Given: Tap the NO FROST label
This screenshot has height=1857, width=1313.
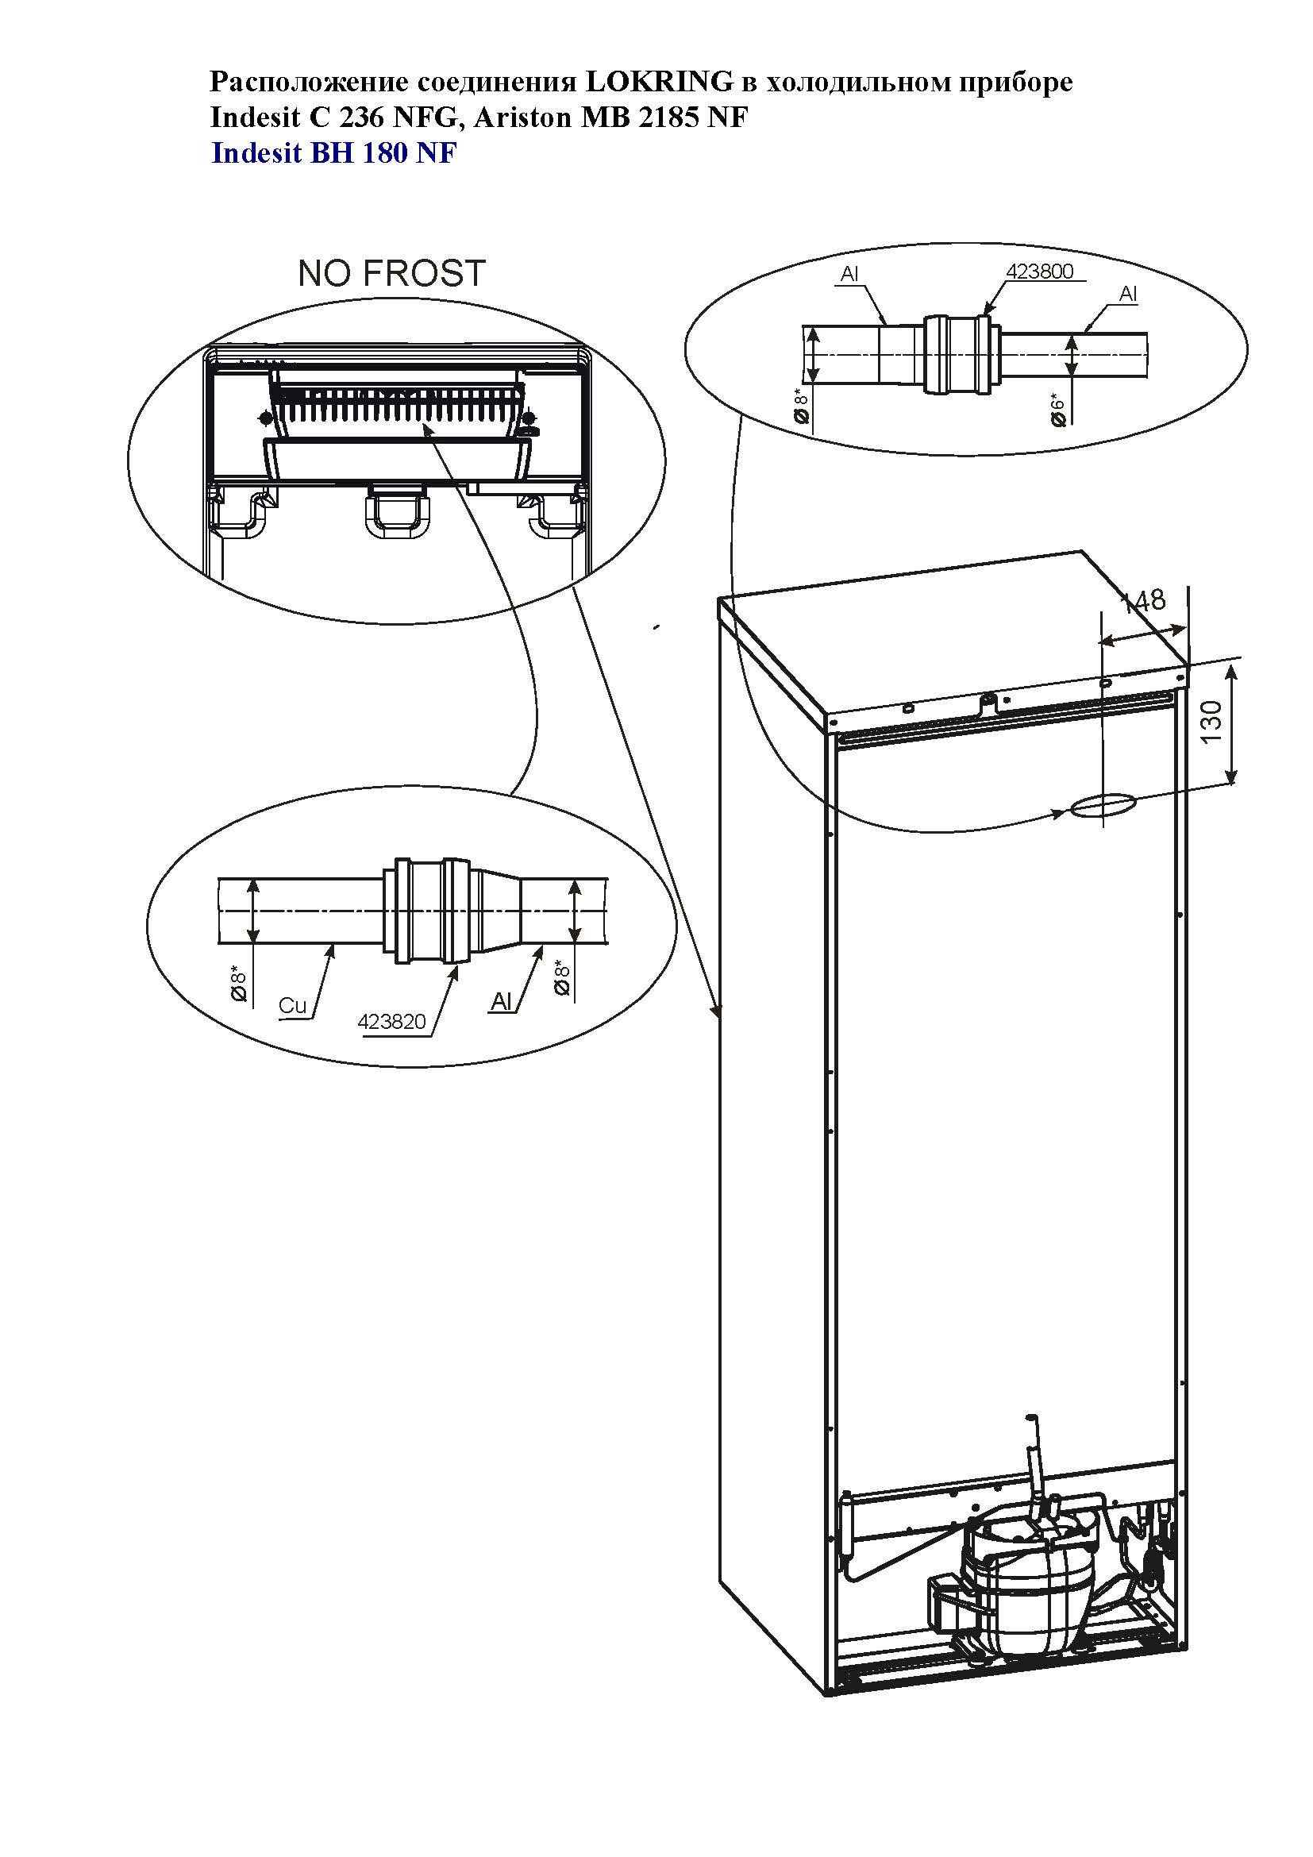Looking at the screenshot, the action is point(391,273).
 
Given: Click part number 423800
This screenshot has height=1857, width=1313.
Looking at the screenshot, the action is point(1040,272).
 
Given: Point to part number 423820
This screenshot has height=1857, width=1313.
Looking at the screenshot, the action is point(391,1023).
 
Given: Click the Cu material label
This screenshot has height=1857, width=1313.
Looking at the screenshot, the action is point(293,1005).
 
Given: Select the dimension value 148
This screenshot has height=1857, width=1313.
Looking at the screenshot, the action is point(1142,600).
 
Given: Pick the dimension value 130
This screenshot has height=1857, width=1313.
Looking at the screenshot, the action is point(1211,723).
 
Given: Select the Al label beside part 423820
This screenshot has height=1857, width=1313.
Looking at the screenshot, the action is point(501,1001).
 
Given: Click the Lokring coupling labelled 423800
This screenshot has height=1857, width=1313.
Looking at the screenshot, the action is point(957,354).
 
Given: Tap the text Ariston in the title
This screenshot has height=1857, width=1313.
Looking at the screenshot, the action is point(523,118).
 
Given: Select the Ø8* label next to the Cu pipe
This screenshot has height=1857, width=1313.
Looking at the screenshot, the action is point(239,983).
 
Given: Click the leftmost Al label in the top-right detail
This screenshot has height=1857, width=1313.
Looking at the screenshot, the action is point(849,274).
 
